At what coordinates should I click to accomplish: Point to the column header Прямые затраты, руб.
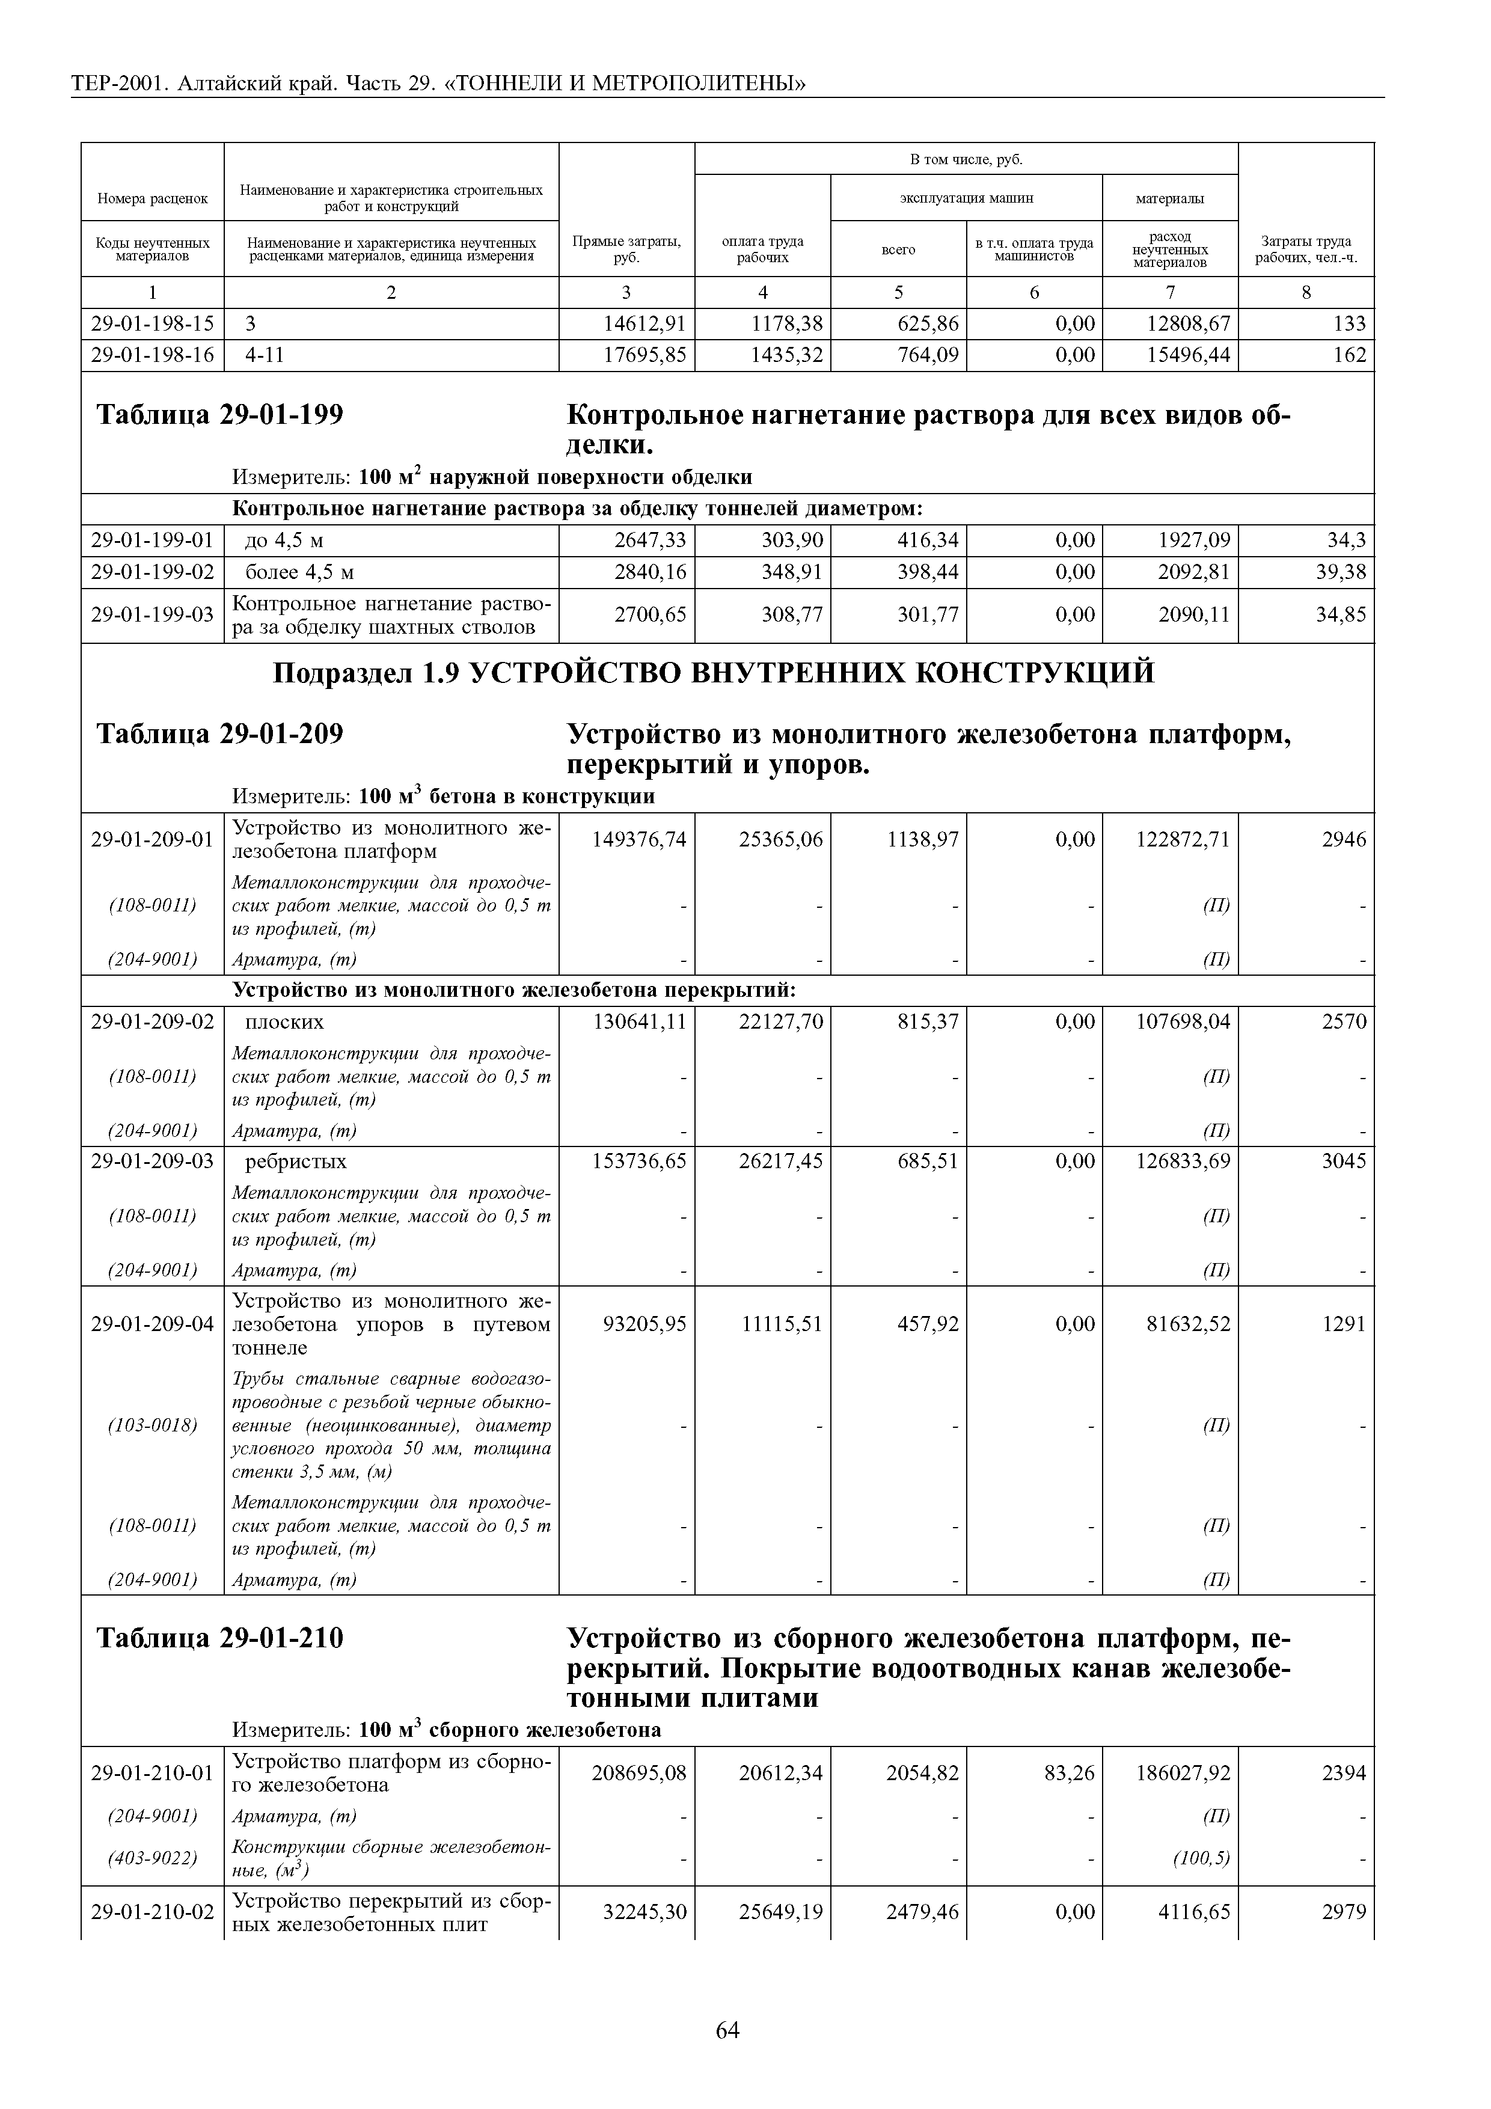click(x=626, y=248)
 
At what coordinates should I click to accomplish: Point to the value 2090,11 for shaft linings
click(x=1193, y=614)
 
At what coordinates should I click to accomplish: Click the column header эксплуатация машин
click(x=966, y=197)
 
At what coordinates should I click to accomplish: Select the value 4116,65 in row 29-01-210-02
click(x=1193, y=1912)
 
